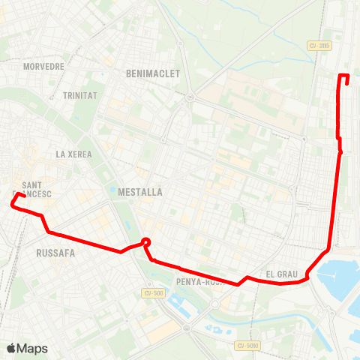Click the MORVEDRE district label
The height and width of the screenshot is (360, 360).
43,66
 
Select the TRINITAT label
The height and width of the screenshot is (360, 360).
79,95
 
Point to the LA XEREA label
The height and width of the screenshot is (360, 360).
73,154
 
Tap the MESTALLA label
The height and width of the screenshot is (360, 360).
141,192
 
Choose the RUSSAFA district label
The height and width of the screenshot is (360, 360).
55,253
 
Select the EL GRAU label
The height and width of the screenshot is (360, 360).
282,274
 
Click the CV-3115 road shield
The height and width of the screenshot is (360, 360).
319,46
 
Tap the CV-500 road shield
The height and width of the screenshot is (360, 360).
154,292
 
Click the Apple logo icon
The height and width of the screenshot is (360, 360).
11,348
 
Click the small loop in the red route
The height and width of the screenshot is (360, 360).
146,242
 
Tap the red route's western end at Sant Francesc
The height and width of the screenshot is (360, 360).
23,196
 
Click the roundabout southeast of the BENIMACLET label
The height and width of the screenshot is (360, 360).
190,97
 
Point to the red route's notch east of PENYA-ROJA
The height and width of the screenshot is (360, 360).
244,280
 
